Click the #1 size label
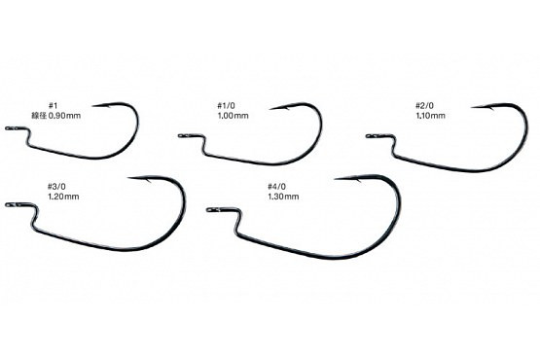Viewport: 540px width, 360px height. [x=53, y=105]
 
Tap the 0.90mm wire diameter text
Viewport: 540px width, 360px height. [x=64, y=116]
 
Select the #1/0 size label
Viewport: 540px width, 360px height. [x=226, y=106]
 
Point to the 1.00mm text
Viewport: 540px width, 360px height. [x=233, y=116]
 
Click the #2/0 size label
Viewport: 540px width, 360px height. [x=424, y=105]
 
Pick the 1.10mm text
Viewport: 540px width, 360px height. [x=430, y=116]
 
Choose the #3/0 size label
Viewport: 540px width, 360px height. [x=56, y=187]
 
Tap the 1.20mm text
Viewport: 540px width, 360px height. [x=63, y=197]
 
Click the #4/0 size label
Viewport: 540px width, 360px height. [x=276, y=187]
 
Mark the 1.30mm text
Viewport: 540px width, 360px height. [x=283, y=197]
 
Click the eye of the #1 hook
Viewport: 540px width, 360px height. [x=10, y=128]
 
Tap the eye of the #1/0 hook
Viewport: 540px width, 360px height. [x=182, y=136]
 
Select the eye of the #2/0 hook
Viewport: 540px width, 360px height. [x=371, y=136]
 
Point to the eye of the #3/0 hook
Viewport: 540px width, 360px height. [x=10, y=205]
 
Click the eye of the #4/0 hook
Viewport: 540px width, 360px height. [x=211, y=209]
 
